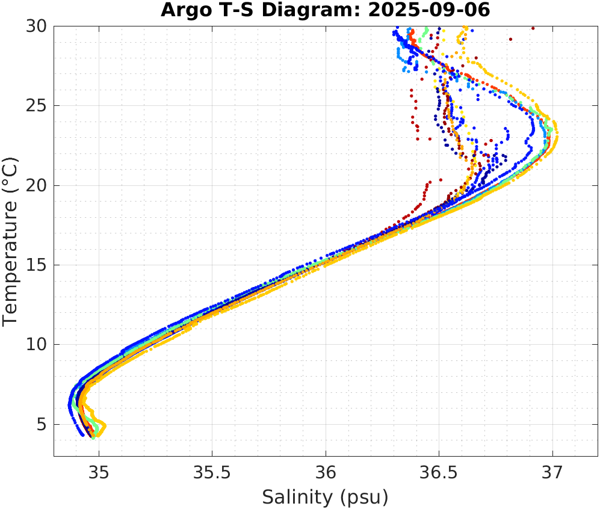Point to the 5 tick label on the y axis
pyautogui.click(x=43, y=425)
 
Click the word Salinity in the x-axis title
pyautogui.click(x=296, y=498)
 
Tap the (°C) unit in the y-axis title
pyautogui.click(x=11, y=174)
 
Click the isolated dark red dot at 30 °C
pyautogui.click(x=533, y=28)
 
